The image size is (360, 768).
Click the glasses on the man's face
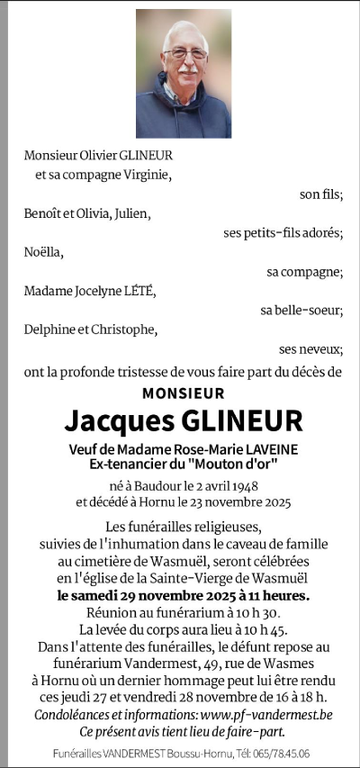(x=186, y=54)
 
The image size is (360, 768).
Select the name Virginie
(x=143, y=175)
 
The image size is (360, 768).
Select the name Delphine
(x=51, y=330)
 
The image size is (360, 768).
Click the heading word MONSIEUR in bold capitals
(x=184, y=393)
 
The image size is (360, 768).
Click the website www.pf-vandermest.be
(x=264, y=714)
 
